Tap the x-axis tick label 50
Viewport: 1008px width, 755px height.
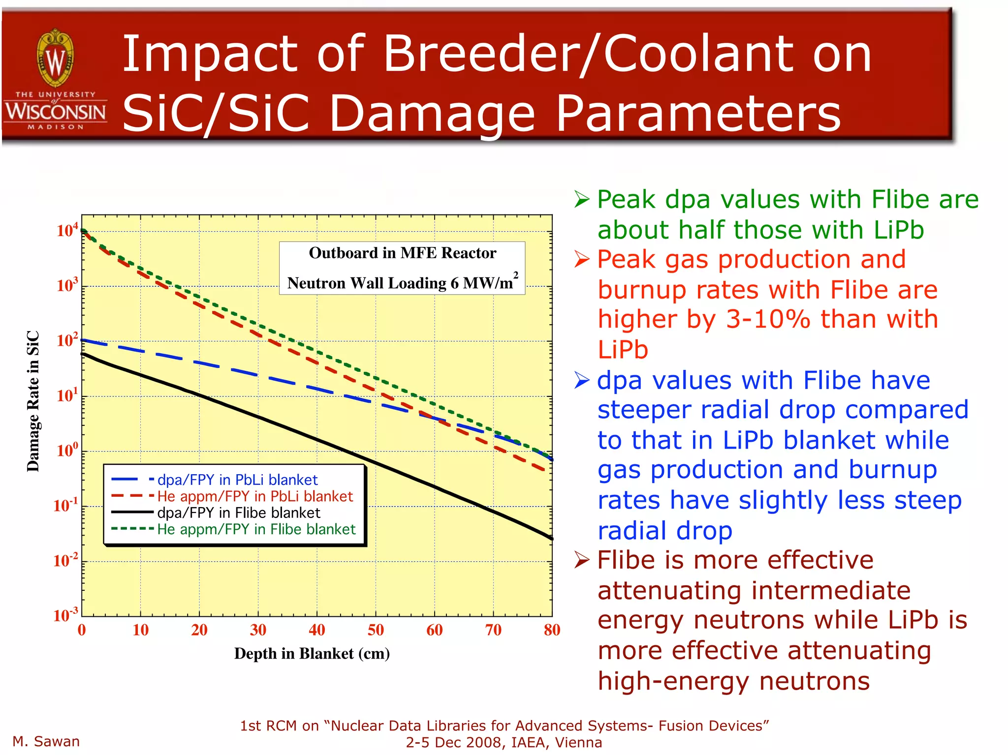tap(376, 630)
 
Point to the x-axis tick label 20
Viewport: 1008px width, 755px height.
tap(199, 630)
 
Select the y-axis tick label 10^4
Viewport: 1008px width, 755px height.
tap(67, 230)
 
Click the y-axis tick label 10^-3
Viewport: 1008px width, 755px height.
tap(65, 615)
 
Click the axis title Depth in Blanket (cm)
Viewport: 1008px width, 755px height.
tap(312, 654)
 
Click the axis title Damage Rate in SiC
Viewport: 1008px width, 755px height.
tap(33, 401)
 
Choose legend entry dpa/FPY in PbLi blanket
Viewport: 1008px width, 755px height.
tap(237, 480)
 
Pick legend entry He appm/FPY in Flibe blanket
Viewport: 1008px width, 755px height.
tap(256, 529)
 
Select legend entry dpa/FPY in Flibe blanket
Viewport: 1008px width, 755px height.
tap(238, 513)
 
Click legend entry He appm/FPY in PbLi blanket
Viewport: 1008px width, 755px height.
tap(255, 496)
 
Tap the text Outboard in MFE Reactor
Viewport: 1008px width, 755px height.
tap(402, 253)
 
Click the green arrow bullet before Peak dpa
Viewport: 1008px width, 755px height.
tap(582, 200)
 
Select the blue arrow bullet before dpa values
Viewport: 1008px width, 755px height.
tap(582, 380)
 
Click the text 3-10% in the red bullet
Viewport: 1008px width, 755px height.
tap(768, 320)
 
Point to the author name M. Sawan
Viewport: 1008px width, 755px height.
tap(46, 741)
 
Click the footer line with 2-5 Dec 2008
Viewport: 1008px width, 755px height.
tap(504, 742)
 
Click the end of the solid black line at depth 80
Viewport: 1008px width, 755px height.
tap(551, 538)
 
